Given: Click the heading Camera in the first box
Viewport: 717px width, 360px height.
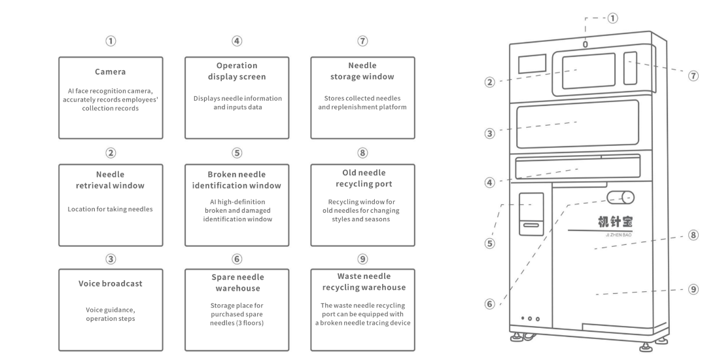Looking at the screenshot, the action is click(110, 72).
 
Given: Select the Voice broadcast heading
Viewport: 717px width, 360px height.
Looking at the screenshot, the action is click(110, 283).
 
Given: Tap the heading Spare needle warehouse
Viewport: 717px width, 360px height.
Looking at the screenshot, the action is click(237, 283).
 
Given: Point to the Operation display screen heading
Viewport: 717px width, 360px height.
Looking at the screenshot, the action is click(237, 71).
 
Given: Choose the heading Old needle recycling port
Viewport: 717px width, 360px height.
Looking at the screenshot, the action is click(364, 179).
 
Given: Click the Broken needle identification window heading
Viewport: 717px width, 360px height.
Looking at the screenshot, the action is click(237, 180).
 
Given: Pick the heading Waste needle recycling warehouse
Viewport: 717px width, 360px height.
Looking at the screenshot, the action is click(364, 281).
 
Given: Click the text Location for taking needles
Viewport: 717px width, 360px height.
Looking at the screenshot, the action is click(110, 209).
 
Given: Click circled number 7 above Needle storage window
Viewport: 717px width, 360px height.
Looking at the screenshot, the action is click(362, 41).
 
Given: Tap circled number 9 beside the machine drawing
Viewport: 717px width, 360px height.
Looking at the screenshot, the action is click(693, 289).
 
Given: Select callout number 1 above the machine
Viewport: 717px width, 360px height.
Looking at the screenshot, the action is click(613, 18).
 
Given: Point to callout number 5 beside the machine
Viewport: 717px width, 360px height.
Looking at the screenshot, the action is click(490, 243).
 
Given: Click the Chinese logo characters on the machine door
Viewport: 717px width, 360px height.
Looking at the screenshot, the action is click(615, 223).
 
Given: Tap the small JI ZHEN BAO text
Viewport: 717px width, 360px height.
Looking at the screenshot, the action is click(618, 235).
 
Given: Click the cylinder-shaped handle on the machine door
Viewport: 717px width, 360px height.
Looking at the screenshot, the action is click(621, 198).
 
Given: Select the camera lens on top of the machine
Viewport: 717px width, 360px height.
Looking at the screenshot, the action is click(586, 45).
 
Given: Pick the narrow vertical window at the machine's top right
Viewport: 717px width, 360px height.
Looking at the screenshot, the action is click(630, 68).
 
